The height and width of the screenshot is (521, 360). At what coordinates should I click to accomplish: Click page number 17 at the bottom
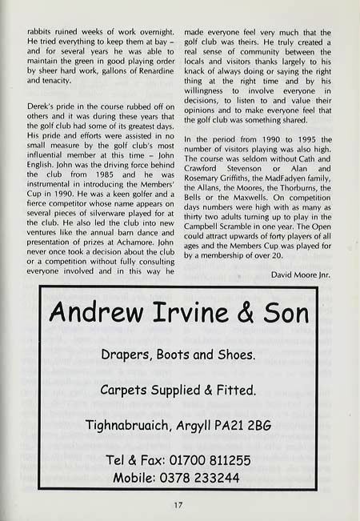180,504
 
